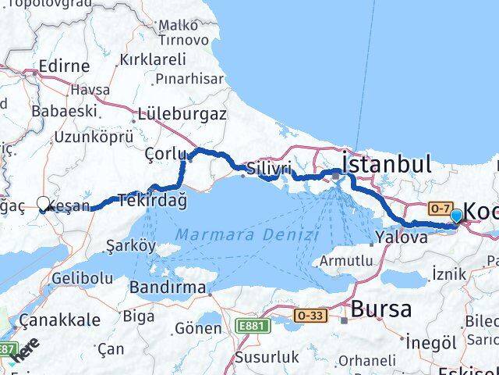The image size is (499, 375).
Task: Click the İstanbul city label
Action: [x=386, y=164]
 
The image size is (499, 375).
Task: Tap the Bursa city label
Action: [x=381, y=309]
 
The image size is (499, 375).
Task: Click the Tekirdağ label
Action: [x=152, y=200]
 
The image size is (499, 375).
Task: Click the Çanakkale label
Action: [x=60, y=320]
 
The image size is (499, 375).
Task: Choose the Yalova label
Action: [x=401, y=237]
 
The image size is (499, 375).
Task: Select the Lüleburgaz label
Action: [x=182, y=114]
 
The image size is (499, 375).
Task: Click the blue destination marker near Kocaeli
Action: [x=456, y=216]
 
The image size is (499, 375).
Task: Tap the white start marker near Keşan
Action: [x=43, y=202]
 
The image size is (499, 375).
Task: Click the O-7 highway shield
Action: [x=438, y=209]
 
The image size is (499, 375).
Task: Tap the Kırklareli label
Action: [x=153, y=59]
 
